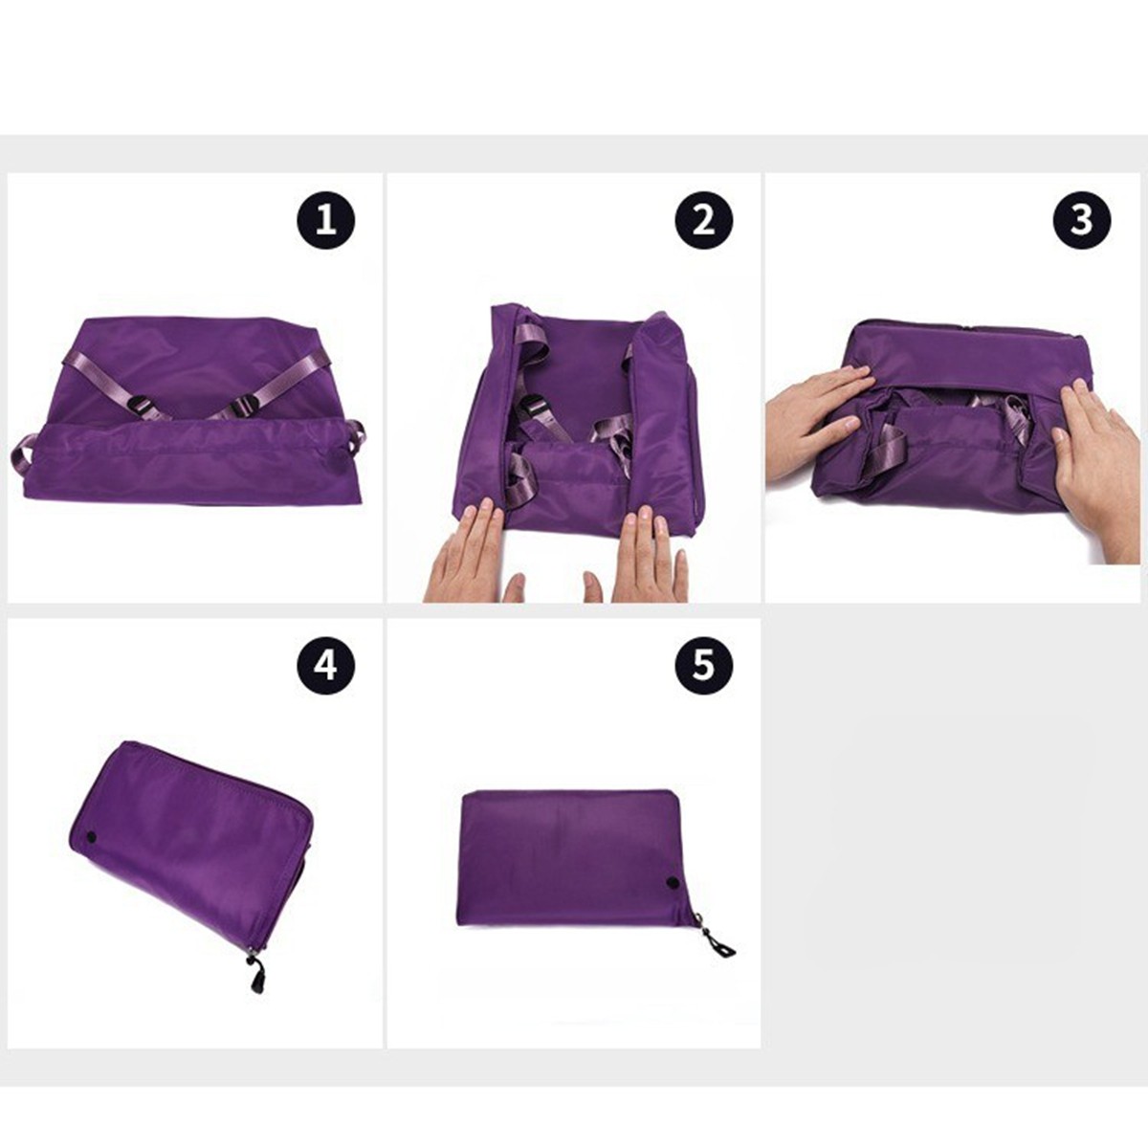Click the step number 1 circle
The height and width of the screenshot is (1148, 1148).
click(x=326, y=220)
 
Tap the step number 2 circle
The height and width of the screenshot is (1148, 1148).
click(x=703, y=220)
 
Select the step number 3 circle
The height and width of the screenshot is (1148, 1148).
click(x=1082, y=220)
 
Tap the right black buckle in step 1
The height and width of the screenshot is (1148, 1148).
click(x=245, y=408)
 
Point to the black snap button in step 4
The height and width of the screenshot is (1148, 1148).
click(x=93, y=838)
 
